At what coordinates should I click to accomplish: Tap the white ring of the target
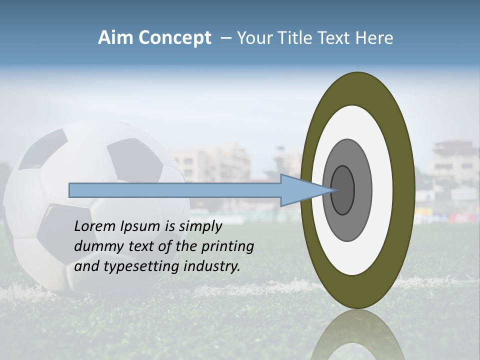coord(382,190)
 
